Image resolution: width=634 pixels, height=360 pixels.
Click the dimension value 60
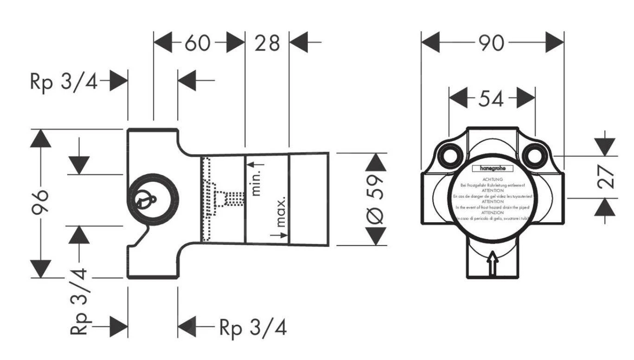(198, 43)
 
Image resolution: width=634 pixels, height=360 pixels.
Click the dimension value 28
(267, 43)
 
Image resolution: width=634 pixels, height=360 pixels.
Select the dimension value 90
(492, 43)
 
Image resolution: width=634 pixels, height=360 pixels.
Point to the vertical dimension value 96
(42, 203)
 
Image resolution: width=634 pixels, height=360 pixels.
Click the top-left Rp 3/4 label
(64, 81)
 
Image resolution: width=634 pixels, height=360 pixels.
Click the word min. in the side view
(256, 182)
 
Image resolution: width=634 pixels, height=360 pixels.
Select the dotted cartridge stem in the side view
(229, 199)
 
